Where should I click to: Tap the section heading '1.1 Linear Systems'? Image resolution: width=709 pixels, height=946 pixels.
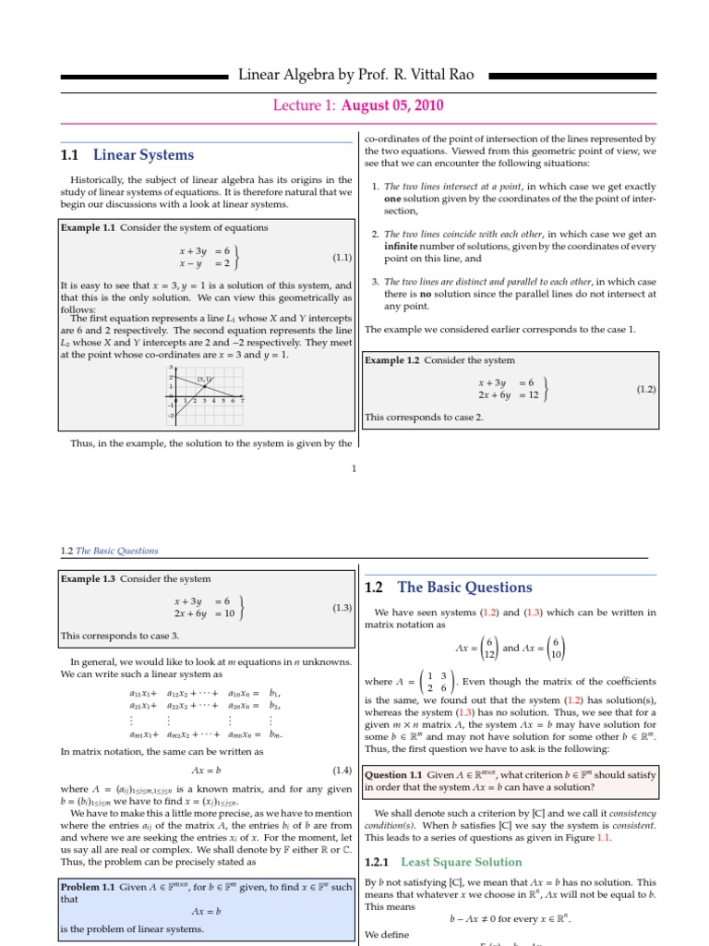point(126,154)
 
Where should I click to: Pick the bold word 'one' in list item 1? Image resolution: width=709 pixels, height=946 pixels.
point(393,198)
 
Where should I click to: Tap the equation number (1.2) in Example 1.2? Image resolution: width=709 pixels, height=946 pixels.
point(646,389)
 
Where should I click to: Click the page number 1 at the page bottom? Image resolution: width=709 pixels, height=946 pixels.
point(354,468)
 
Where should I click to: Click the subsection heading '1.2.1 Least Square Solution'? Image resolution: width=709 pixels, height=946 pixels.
point(430,862)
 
